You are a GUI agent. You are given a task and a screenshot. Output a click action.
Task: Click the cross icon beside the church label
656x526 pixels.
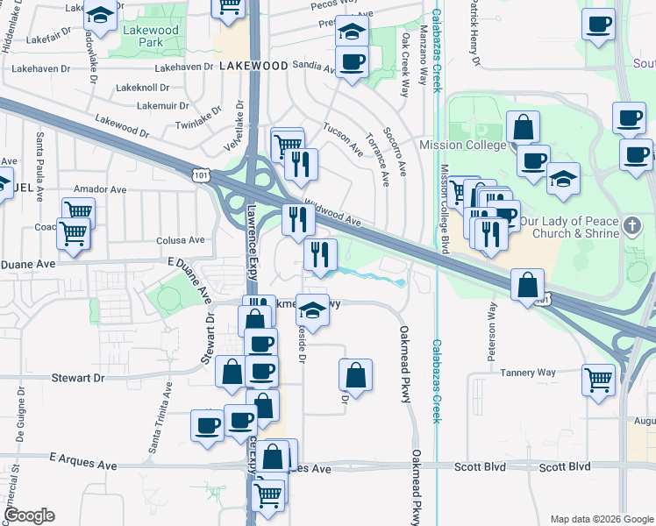coord(632,227)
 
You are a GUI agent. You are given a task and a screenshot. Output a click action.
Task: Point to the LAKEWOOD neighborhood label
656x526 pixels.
coord(254,66)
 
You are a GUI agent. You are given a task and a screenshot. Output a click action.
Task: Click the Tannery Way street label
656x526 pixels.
coord(528,373)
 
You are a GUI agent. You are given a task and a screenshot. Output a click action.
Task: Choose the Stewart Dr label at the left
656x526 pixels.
coord(77,378)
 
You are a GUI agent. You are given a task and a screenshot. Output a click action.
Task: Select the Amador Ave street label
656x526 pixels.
coord(101,188)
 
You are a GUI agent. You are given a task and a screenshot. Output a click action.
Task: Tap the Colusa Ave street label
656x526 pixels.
coord(180,239)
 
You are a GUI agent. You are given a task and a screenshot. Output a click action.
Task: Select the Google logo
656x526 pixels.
coord(29,515)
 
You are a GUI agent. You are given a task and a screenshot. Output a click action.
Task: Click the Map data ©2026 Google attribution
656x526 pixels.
coord(601,519)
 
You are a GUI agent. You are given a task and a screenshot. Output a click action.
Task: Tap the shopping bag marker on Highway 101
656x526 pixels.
coord(526,285)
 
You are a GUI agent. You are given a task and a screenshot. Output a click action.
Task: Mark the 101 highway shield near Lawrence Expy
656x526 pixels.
coord(201,176)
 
